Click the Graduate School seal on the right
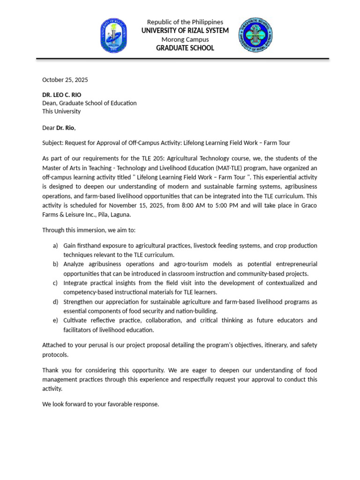point(255,35)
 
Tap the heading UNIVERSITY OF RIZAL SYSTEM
point(185,30)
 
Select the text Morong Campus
point(185,39)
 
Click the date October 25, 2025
point(65,80)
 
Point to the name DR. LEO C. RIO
point(61,95)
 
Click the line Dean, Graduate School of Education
point(90,103)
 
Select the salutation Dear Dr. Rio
point(59,127)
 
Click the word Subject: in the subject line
point(52,143)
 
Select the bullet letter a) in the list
point(55,246)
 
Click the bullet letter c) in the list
point(55,283)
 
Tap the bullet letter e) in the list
point(55,320)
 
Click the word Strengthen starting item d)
point(79,301)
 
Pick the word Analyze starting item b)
point(75,264)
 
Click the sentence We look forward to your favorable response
point(101,404)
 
